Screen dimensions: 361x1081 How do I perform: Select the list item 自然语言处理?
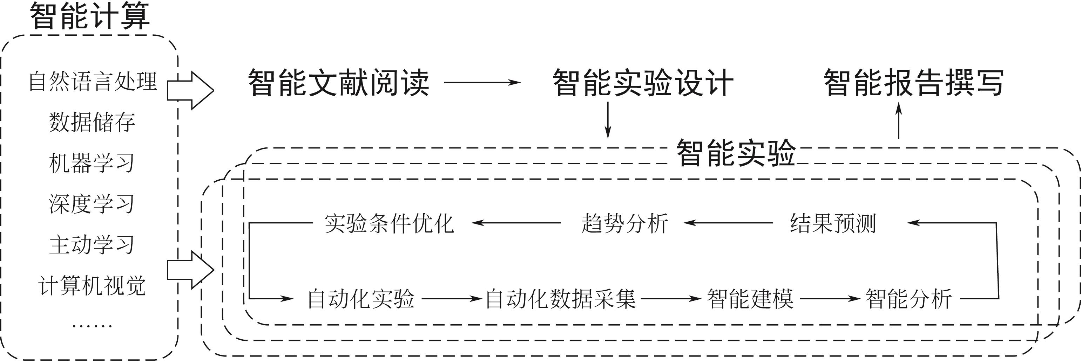click(93, 81)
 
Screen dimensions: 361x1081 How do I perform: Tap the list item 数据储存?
click(92, 122)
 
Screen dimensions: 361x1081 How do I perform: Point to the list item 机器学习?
click(92, 163)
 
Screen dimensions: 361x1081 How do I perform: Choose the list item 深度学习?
click(92, 204)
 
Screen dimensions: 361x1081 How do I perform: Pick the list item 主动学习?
click(92, 244)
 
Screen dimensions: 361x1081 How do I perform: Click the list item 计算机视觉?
click(92, 285)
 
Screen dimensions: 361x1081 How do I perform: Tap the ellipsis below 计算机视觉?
click(92, 325)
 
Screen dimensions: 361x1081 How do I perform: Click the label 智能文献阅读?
click(339, 83)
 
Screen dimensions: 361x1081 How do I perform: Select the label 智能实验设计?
click(643, 83)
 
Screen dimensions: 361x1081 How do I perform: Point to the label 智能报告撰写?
click(913, 83)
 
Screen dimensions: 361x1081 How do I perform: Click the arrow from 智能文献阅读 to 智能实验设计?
click(482, 83)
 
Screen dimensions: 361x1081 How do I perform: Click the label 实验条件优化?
click(389, 223)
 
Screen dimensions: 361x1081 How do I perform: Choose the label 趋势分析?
click(624, 223)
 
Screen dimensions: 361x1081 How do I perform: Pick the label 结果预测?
click(833, 223)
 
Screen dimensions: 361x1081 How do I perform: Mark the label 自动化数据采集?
click(561, 299)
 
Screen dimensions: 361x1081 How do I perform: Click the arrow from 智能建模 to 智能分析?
click(830, 299)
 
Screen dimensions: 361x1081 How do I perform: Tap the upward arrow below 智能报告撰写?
click(898, 121)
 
